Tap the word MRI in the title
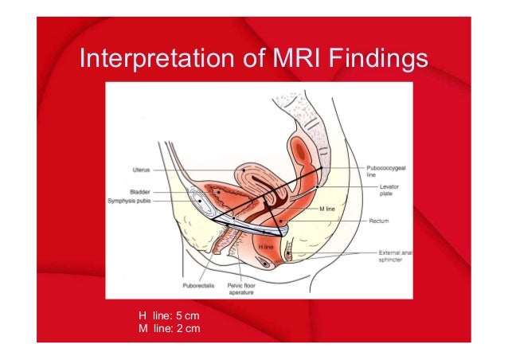288,61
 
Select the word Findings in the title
374,61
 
